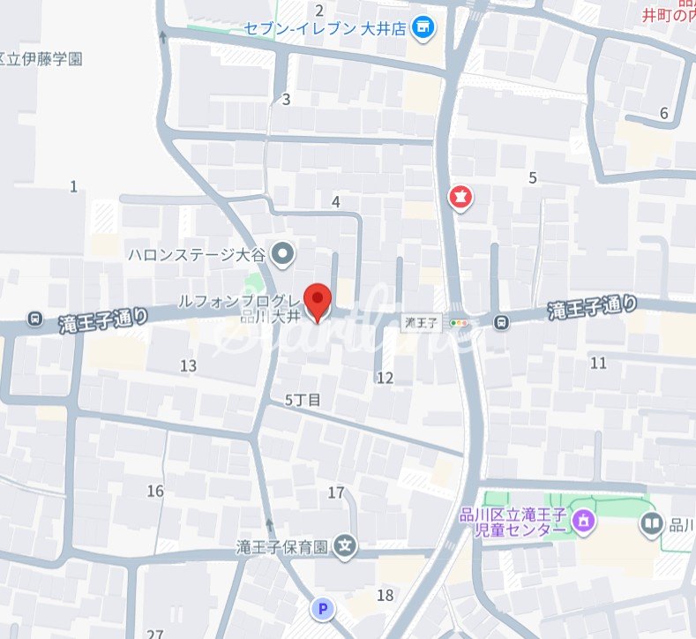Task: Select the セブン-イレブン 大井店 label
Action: coord(325,28)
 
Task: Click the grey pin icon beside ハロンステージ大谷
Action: coord(282,255)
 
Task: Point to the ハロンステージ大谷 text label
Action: coord(196,255)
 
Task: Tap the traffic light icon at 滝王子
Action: coord(459,323)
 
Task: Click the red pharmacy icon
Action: coord(460,198)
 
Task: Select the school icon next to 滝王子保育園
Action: coord(346,547)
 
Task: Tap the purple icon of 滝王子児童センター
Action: coord(582,522)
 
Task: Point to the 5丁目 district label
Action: coord(303,400)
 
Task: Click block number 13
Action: coord(188,365)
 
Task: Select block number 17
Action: coord(335,492)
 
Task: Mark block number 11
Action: coord(599,363)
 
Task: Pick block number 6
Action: coord(663,113)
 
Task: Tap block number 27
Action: coord(156,634)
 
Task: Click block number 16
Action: coord(155,491)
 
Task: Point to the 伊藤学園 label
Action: coord(42,60)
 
